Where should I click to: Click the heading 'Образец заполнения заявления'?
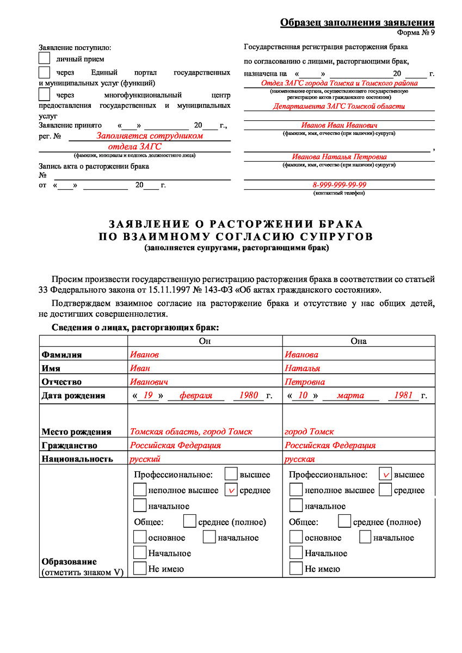tap(357, 22)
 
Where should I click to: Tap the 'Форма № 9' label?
tap(416, 32)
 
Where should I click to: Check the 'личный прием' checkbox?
tap(45, 58)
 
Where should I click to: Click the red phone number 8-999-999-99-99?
tap(339, 185)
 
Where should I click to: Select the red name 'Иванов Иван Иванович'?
tap(339, 125)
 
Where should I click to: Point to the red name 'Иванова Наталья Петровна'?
tap(339, 157)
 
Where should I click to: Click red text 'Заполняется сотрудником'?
tap(150, 136)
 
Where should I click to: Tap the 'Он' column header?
tap(205, 341)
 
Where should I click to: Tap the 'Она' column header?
tap(359, 341)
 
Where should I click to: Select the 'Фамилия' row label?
tap(61, 355)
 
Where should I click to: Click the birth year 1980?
tap(249, 396)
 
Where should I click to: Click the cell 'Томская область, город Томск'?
tap(191, 432)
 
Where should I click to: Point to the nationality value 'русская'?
tap(300, 459)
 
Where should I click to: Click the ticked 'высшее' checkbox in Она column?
tap(385, 475)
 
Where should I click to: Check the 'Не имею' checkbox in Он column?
tap(140, 569)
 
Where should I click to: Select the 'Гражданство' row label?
tap(69, 445)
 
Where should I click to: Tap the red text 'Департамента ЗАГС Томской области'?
tap(339, 107)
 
